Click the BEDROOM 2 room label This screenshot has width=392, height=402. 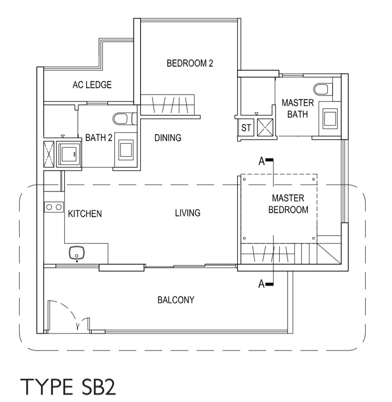pyautogui.click(x=190, y=63)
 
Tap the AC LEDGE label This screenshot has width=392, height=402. pyautogui.click(x=92, y=85)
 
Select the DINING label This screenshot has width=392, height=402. pyautogui.click(x=168, y=138)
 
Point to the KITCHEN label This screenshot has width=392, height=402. pyautogui.click(x=85, y=214)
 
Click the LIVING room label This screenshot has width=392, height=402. pyautogui.click(x=188, y=213)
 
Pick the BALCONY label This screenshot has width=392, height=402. pyautogui.click(x=176, y=300)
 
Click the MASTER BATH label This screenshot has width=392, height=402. pyautogui.click(x=298, y=108)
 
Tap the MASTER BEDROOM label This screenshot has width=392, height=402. pyautogui.click(x=288, y=204)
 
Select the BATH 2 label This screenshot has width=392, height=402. pyautogui.click(x=98, y=138)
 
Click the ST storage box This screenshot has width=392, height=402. pyautogui.click(x=246, y=127)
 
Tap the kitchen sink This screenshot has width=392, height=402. pyautogui.click(x=76, y=253)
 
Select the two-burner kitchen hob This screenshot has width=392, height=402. pyautogui.click(x=54, y=207)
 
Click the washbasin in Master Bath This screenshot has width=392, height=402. pyautogui.click(x=330, y=117)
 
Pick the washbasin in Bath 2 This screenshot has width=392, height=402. pyautogui.click(x=126, y=150)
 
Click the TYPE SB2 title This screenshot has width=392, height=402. pyautogui.click(x=68, y=387)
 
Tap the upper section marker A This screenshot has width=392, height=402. pyautogui.click(x=266, y=161)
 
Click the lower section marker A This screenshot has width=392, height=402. pyautogui.click(x=266, y=284)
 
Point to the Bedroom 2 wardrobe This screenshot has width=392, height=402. pyautogui.click(x=168, y=104)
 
